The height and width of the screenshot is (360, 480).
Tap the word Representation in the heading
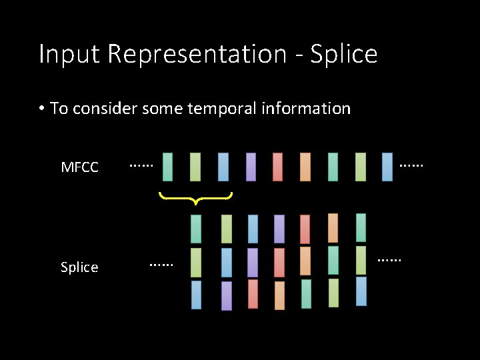196,54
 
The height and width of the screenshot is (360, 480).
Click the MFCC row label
79,167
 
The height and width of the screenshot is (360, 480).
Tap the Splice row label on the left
79,267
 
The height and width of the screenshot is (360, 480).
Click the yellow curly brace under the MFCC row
195,197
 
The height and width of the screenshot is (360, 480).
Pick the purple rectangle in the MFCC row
251,167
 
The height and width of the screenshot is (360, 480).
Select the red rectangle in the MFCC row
277,167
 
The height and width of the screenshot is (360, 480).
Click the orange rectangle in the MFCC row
305,167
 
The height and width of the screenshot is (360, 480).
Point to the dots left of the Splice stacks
160,265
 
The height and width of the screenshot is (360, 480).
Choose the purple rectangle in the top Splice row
279,229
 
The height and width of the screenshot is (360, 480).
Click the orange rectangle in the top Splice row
333,228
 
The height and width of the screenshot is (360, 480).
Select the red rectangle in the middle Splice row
279,262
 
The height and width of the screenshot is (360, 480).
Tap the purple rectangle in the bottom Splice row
226,296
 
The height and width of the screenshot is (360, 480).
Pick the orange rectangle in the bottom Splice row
279,295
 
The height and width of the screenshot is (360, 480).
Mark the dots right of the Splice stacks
389,259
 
